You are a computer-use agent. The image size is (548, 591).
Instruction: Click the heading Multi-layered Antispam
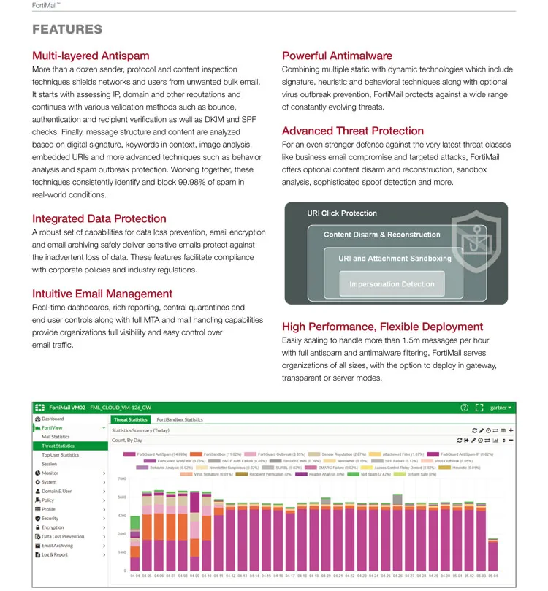click(x=91, y=56)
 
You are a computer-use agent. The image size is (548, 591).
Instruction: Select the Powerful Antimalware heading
click(x=337, y=56)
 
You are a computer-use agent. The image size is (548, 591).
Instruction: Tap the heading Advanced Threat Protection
click(x=353, y=131)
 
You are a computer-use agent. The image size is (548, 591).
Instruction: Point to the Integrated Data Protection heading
click(x=99, y=218)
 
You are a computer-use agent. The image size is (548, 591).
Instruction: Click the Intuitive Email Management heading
click(x=102, y=294)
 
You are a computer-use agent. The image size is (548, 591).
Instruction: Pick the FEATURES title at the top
click(x=67, y=30)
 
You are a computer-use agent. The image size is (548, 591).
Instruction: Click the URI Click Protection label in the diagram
click(x=342, y=213)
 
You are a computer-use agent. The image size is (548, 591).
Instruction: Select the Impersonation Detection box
click(x=392, y=284)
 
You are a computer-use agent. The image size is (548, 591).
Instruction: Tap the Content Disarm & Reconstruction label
click(x=382, y=235)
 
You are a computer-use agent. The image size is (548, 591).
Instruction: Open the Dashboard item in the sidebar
click(x=52, y=419)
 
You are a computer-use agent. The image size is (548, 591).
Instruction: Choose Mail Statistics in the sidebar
click(x=56, y=437)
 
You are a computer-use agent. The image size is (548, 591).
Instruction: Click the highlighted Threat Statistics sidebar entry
click(x=58, y=446)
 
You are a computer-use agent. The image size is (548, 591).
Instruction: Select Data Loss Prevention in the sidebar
click(x=63, y=536)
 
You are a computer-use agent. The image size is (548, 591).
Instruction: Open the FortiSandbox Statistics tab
click(x=180, y=420)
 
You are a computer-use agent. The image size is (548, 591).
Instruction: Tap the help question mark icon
click(x=464, y=408)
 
